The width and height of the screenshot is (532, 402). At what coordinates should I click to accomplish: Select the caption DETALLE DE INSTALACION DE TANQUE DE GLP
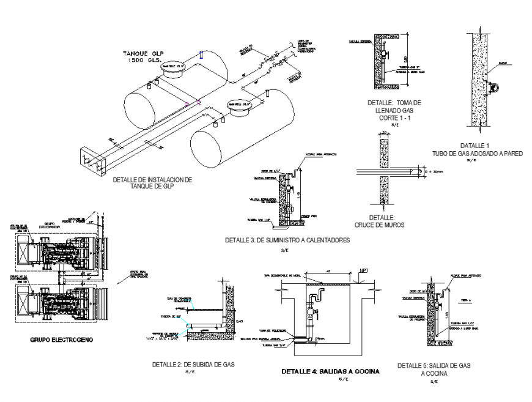(x=152, y=183)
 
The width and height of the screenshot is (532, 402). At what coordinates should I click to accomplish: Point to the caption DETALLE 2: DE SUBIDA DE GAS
(x=193, y=364)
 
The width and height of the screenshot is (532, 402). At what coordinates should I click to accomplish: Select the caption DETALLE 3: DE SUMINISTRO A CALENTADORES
(x=287, y=240)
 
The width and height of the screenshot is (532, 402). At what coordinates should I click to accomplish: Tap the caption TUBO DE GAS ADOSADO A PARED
(x=477, y=154)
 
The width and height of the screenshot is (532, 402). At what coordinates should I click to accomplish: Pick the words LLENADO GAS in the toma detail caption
(x=394, y=110)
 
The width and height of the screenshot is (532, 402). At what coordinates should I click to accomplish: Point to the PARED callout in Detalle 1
(x=503, y=63)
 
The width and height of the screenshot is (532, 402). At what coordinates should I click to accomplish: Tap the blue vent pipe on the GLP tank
(x=201, y=56)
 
